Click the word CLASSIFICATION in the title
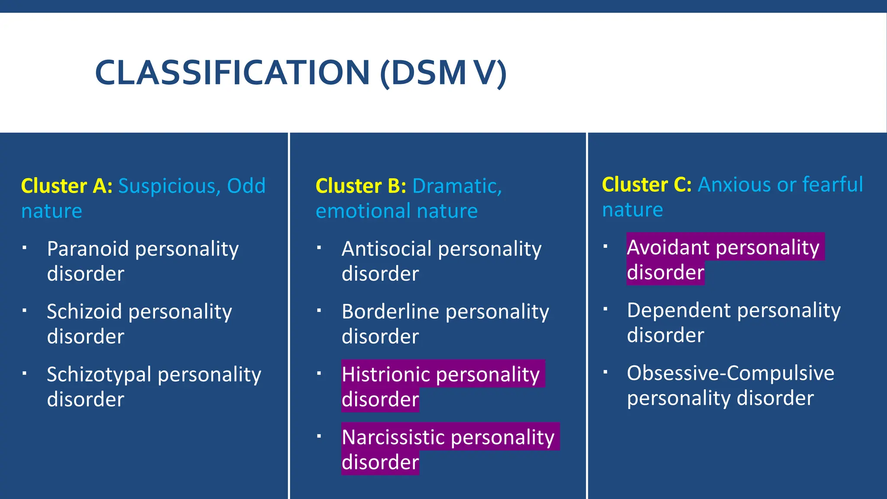pos(232,72)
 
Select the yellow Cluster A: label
pos(67,186)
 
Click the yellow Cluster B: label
pos(361,186)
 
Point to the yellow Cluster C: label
pos(647,185)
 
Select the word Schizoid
pos(84,312)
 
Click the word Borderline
pos(390,312)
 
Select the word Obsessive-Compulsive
pos(730,373)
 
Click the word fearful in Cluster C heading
pos(832,185)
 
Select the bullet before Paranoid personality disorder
pos(25,247)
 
